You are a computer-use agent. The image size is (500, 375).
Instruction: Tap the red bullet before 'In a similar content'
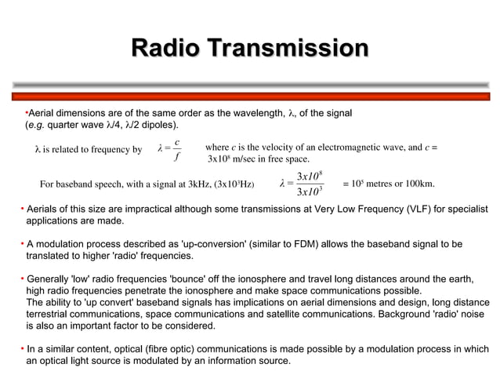[x=21, y=349]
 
